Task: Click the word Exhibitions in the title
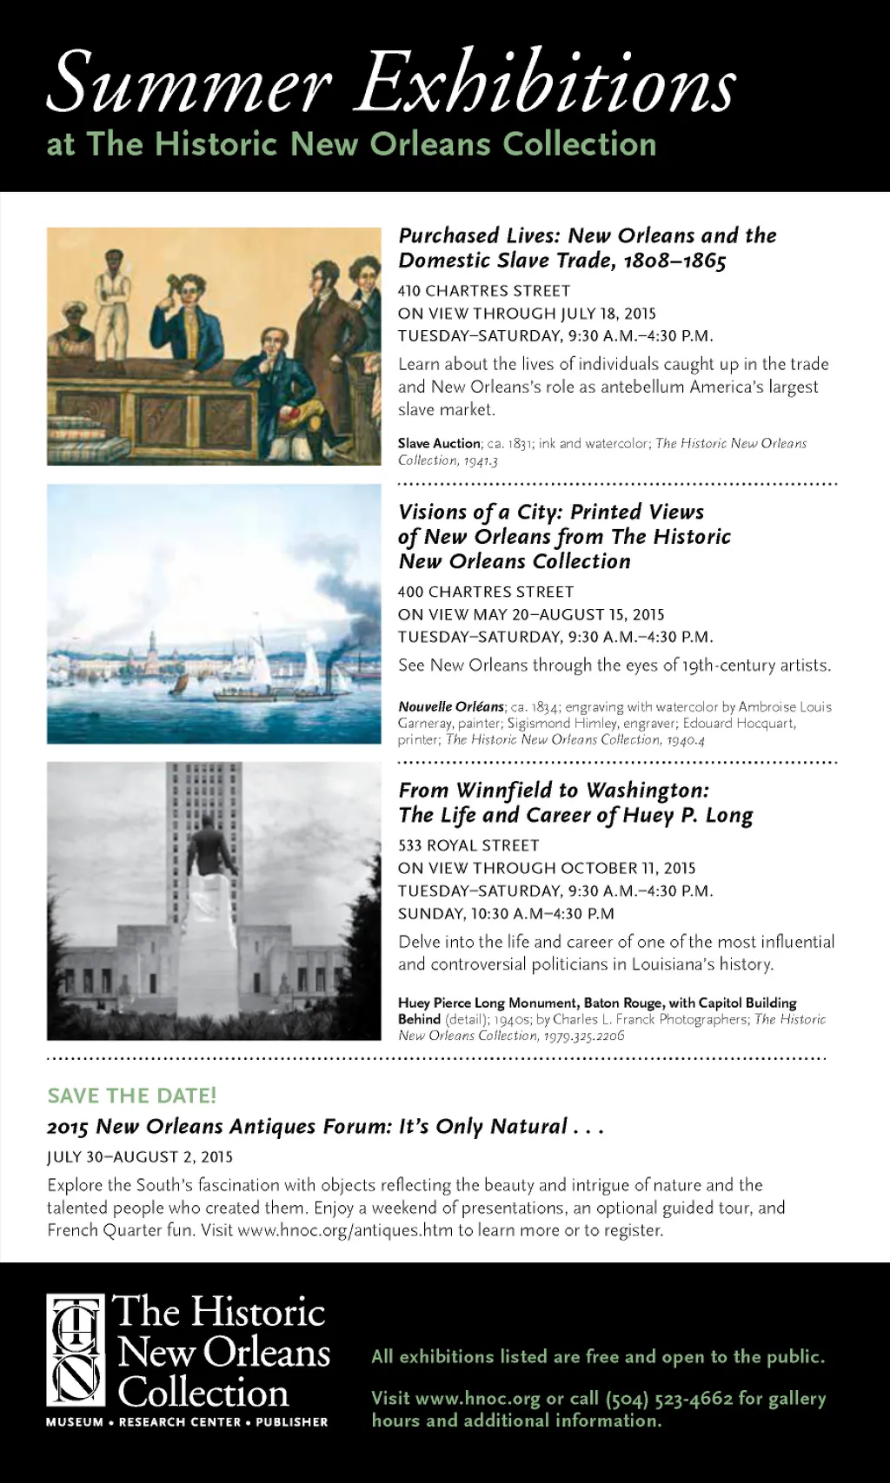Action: pos(547,83)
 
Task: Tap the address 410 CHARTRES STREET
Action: pos(484,291)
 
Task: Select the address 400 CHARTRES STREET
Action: pos(486,592)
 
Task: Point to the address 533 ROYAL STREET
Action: pos(468,845)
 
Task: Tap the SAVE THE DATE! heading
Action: pos(132,1096)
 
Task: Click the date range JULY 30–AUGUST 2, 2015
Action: pos(140,1157)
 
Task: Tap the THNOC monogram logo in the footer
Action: pos(76,1349)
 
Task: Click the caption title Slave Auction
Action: pos(439,443)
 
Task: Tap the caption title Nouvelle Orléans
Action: pos(451,706)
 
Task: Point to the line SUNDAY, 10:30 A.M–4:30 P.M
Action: pos(506,914)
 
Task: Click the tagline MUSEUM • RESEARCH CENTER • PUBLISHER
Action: pos(187,1422)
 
